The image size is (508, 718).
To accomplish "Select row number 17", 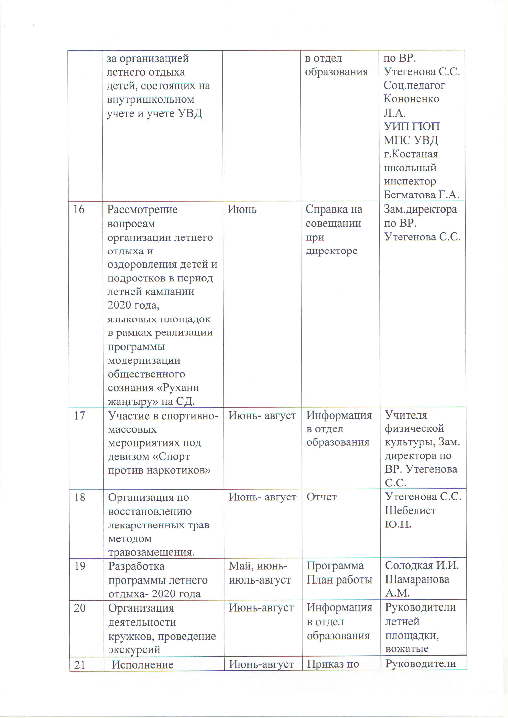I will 79,416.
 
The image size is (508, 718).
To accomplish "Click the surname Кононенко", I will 411,99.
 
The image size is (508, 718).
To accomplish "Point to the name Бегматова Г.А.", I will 421,195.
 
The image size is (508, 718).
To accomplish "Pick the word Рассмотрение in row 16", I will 142,210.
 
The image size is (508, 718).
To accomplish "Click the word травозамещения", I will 151,552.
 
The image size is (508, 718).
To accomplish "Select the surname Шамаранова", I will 417,579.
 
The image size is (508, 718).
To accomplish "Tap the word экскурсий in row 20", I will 134,649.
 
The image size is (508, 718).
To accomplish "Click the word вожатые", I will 407,649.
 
